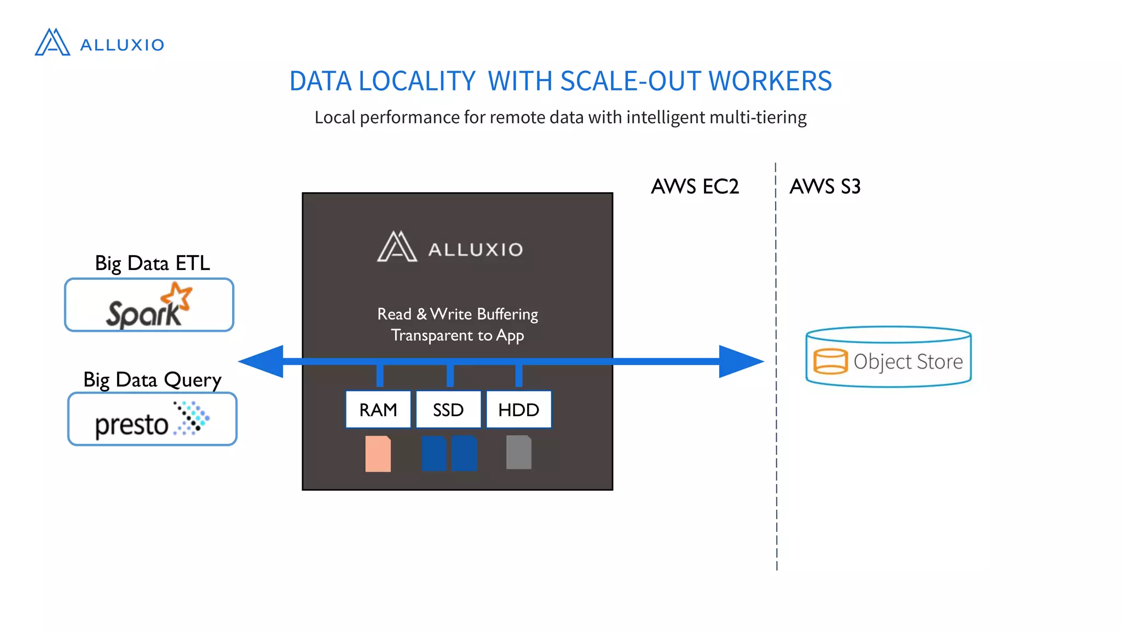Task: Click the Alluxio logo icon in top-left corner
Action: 53,42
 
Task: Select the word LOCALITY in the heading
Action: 417,81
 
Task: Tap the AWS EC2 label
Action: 695,187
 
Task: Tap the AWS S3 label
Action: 825,187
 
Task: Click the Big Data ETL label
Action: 152,263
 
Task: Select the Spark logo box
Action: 149,305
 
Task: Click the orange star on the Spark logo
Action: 177,296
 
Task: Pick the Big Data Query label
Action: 152,380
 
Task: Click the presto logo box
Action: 152,419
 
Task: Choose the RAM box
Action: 378,410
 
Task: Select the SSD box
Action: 448,410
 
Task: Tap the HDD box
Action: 518,410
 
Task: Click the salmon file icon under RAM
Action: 378,454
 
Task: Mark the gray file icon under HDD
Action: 518,452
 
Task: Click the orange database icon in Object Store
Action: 830,362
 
